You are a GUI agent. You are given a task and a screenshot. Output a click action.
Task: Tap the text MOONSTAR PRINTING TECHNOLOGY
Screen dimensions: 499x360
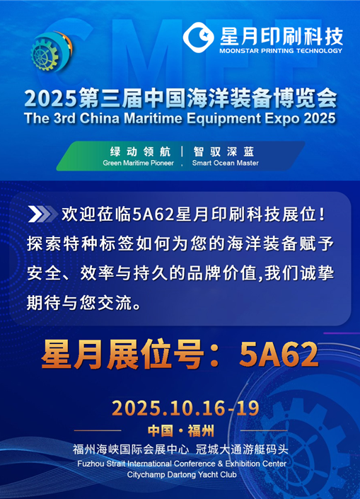click(281, 51)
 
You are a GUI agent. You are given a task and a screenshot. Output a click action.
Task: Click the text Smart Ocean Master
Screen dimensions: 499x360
click(225, 163)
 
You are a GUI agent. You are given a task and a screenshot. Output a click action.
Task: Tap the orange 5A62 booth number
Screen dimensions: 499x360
click(279, 354)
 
